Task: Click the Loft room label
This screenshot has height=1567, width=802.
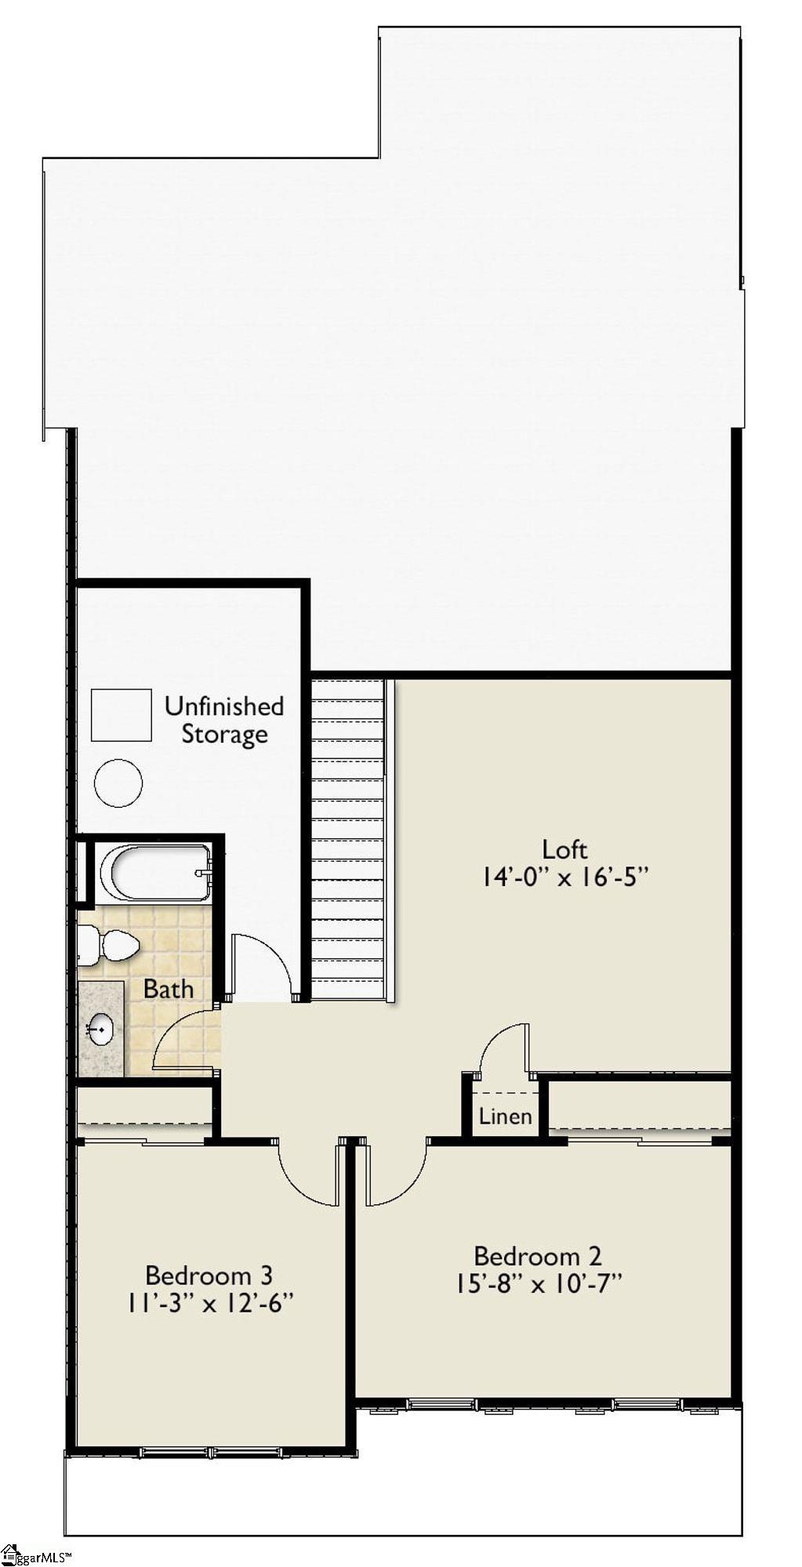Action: [x=564, y=849]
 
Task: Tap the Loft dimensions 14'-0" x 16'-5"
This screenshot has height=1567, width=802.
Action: [x=566, y=877]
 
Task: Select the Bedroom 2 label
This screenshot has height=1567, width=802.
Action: [x=538, y=1256]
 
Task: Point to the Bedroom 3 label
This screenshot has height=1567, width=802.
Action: [x=209, y=1275]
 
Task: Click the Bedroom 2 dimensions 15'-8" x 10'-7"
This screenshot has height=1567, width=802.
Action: [x=538, y=1283]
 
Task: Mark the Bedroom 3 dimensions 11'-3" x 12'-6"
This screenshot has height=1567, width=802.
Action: [x=209, y=1303]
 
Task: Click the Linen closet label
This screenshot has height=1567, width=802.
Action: [x=505, y=1116]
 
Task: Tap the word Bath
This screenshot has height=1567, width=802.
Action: [x=168, y=989]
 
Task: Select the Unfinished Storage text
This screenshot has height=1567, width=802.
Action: [x=224, y=719]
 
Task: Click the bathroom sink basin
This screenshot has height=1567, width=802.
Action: [x=100, y=1029]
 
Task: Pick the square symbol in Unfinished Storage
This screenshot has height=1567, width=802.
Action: [x=122, y=715]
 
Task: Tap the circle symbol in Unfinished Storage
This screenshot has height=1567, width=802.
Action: [x=118, y=782]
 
